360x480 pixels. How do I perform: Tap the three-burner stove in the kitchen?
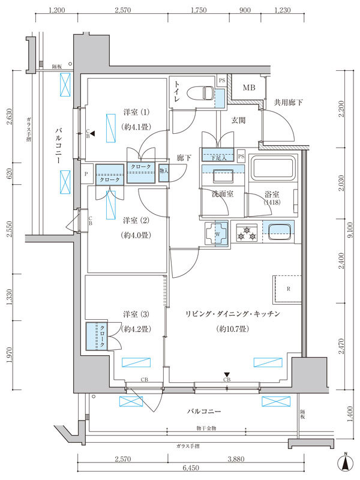point(245,233)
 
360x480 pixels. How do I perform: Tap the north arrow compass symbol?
point(346,462)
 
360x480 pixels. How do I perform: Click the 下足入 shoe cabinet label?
point(217,157)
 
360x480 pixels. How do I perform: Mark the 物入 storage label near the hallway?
point(164,170)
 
